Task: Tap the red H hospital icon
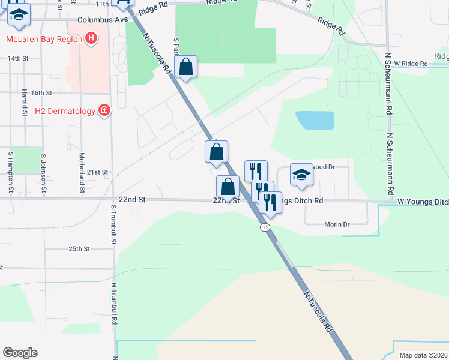pos(91,40)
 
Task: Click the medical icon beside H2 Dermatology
pos(104,110)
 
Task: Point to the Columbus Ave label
pos(103,20)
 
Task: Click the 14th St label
pos(18,58)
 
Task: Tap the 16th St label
pos(42,93)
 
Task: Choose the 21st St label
pos(97,172)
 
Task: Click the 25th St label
pos(79,248)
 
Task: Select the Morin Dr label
pos(337,224)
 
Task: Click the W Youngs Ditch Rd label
pos(423,202)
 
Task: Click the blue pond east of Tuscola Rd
pos(314,121)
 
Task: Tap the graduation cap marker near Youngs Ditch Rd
pos(302,174)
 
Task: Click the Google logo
pos(20,353)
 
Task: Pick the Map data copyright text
pos(424,355)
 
